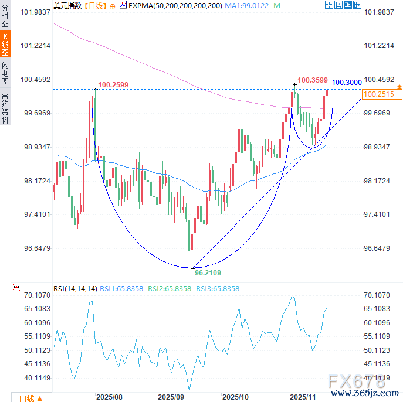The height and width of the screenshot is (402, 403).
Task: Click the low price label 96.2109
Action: point(208,273)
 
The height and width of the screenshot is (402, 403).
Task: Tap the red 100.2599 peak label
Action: point(113,85)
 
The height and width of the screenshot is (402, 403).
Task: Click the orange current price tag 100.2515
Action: point(378,94)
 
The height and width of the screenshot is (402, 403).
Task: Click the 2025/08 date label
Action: point(109,397)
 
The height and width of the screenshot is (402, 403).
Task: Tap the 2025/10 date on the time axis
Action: point(236,397)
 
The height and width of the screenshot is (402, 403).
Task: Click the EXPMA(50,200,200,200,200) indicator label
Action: point(174,5)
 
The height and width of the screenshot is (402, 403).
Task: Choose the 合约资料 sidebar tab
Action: point(5,107)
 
